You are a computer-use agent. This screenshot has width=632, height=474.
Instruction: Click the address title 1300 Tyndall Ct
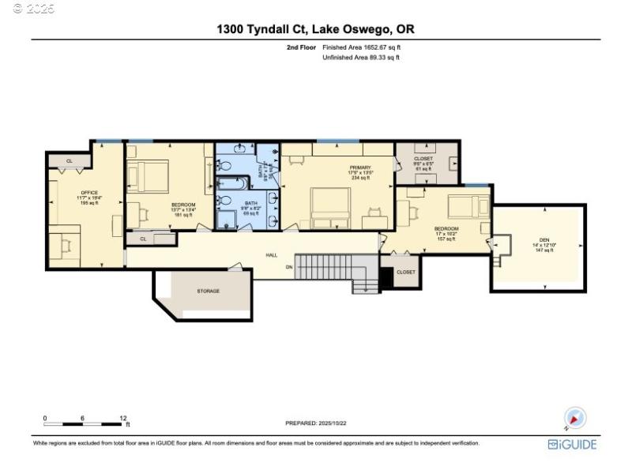tap(316, 29)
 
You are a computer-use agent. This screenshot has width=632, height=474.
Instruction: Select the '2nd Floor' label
tap(301, 48)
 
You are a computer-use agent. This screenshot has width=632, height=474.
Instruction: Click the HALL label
tap(271, 255)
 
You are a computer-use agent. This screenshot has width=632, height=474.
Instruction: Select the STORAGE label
tap(208, 291)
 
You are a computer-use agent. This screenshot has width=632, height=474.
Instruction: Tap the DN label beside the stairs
tap(289, 266)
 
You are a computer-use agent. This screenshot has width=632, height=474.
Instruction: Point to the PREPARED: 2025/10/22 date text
tap(316, 423)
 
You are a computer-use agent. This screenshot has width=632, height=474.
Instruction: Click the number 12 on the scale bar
tap(124, 417)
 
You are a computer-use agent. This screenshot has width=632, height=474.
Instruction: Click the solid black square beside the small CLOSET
tap(386, 277)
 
